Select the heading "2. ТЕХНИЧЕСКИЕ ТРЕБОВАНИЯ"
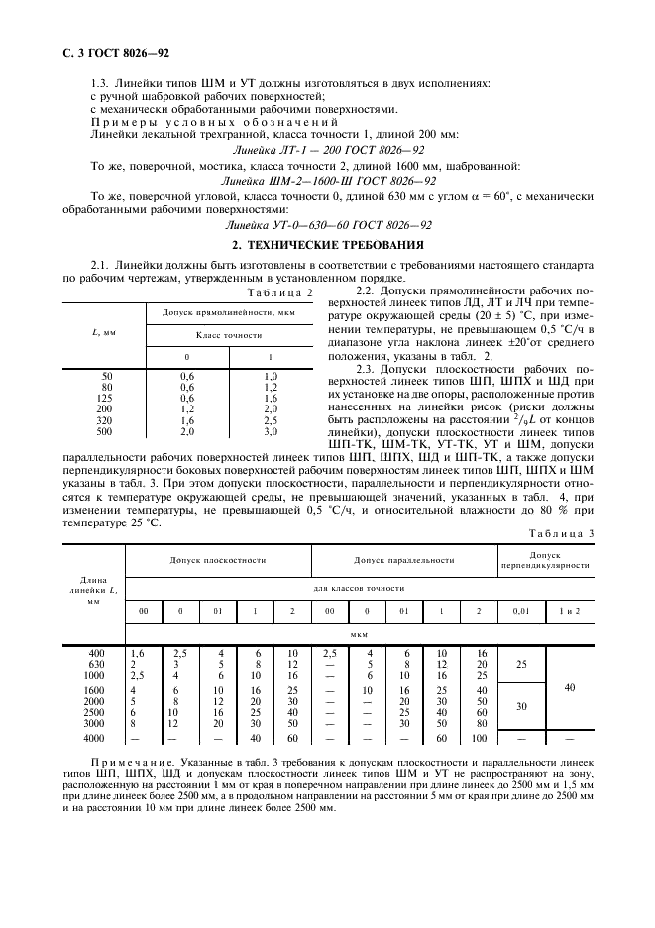tap(327, 243)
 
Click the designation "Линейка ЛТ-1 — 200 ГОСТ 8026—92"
tap(327, 149)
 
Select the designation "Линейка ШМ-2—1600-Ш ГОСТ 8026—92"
tap(327, 182)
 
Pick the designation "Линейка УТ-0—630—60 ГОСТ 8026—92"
tap(327, 225)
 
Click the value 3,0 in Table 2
tap(271, 432)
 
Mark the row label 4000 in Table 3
tap(95, 738)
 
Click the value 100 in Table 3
tap(479, 738)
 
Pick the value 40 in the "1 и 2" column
tap(569, 685)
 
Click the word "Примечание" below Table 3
tap(129, 761)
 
